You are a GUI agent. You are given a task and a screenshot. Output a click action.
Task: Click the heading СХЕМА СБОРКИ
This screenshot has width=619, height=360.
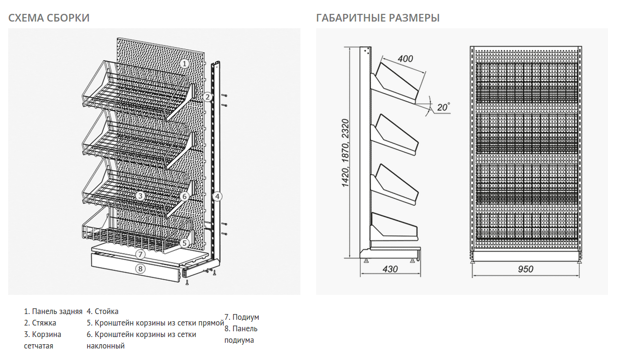[x=49, y=18]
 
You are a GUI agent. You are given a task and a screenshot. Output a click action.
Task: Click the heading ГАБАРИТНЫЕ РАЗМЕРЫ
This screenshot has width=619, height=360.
[x=378, y=18]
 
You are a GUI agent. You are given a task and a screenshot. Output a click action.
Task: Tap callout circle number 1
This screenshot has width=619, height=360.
[x=185, y=63]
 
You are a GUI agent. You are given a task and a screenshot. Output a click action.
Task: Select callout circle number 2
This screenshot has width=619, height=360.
[x=207, y=97]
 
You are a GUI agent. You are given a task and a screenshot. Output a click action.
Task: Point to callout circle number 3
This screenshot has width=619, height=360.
[x=140, y=196]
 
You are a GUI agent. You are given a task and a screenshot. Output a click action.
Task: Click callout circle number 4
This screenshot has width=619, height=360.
[x=217, y=196]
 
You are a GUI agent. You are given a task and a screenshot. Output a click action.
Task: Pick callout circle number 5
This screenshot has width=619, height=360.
[x=185, y=243]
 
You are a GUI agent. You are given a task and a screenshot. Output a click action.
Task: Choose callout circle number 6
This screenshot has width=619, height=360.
[x=185, y=196]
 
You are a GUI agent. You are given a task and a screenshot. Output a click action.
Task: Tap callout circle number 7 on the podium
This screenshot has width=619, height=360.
[x=140, y=254]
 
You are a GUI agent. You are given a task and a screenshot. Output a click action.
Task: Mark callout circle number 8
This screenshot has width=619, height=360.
[x=140, y=269]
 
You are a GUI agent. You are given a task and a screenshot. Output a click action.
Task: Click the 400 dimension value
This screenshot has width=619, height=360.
[x=405, y=59]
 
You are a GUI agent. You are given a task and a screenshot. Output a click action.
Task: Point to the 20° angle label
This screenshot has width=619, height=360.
[x=443, y=107]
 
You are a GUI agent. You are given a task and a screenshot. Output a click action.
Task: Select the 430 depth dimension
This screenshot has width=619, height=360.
[x=390, y=269]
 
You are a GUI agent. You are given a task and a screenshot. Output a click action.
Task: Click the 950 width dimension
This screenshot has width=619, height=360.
[x=525, y=269]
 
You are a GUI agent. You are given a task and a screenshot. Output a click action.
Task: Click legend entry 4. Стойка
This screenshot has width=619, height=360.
[x=102, y=312]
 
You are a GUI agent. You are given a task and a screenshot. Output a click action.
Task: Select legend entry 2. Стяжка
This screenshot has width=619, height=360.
[x=40, y=323]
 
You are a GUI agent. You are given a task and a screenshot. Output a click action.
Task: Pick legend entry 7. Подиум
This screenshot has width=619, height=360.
[x=242, y=317]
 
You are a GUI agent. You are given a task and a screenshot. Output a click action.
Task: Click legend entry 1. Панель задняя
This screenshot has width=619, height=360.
[x=53, y=312]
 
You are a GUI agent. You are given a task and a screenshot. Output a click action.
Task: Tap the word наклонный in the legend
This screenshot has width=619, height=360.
[x=106, y=346]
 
